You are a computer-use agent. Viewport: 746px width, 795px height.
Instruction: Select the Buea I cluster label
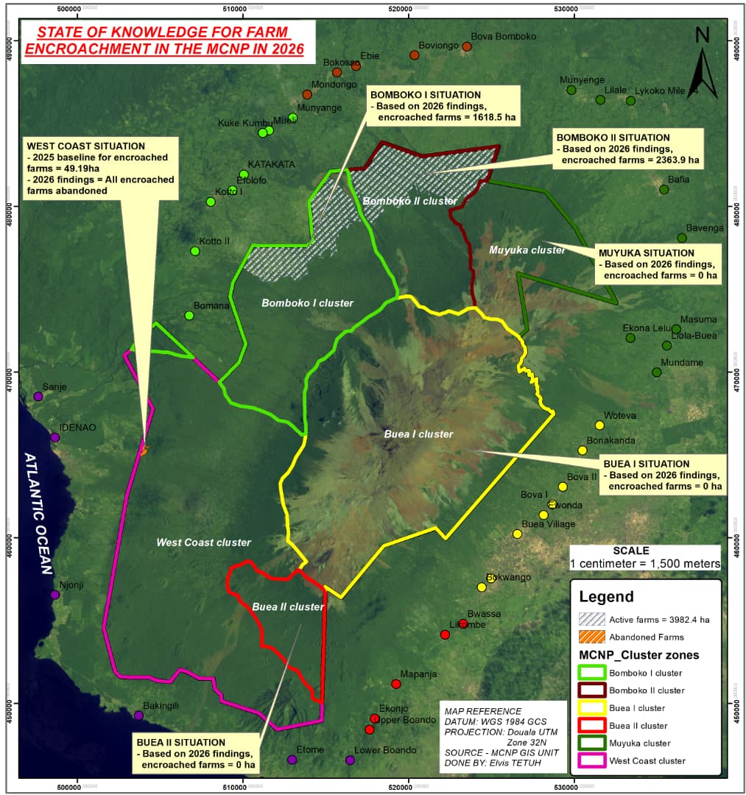pos(418,434)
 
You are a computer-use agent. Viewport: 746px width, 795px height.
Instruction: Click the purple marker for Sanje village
pos(38,396)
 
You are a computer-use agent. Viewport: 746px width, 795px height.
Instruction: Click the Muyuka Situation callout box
pos(658,264)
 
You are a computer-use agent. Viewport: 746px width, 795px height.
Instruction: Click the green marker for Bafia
pos(664,189)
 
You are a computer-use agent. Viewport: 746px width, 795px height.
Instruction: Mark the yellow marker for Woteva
pos(599,425)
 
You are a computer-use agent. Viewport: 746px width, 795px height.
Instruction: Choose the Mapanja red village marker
pos(396,684)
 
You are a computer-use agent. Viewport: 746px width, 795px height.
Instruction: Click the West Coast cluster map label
pos(203,543)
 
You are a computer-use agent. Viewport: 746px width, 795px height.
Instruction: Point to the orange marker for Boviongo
pos(415,55)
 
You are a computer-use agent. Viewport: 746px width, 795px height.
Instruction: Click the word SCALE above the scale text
pos(631,551)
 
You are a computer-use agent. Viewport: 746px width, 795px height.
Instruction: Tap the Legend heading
pos(606,597)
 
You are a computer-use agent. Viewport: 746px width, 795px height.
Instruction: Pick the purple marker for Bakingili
pos(138,715)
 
